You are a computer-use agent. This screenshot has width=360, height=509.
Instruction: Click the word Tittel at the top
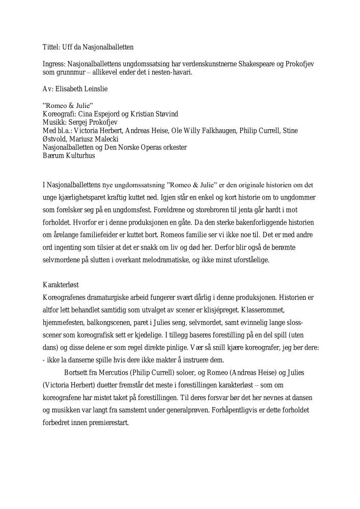pyautogui.click(x=51, y=47)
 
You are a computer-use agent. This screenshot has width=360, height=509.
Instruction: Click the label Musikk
pyautogui.click(x=54, y=123)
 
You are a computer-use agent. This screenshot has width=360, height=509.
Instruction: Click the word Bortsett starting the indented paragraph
pyautogui.click(x=78, y=372)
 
